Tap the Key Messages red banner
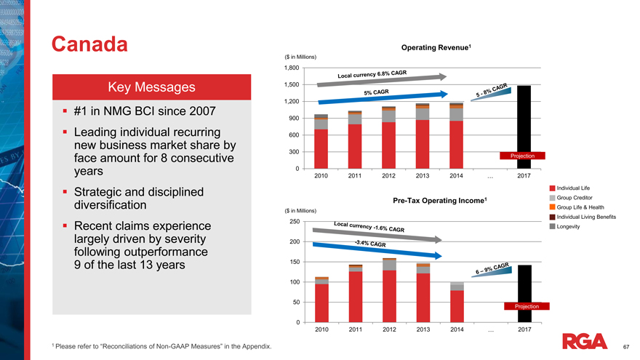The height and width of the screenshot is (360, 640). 151,87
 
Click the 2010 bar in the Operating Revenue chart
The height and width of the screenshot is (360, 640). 321,142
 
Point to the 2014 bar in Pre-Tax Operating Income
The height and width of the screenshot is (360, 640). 457,303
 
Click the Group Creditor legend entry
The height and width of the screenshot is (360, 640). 578,199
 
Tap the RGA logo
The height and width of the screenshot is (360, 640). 585,340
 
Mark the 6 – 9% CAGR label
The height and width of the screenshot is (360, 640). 492,268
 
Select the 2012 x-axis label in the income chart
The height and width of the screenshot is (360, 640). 389,331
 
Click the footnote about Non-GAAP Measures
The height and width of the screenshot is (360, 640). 161,345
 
